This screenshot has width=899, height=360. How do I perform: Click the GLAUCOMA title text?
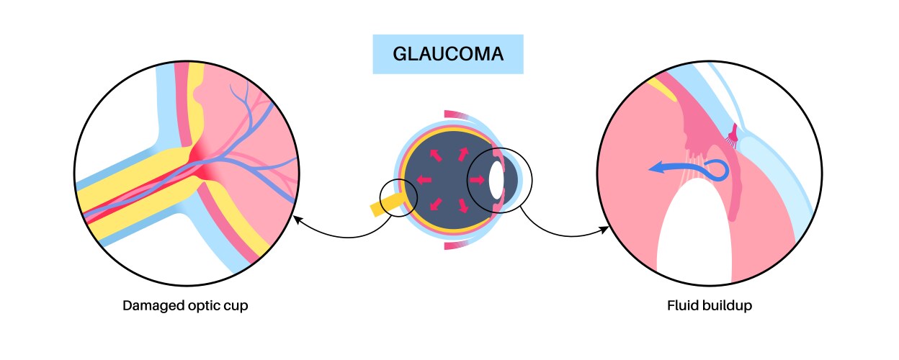[447, 54]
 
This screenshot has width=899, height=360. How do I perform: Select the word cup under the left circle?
[238, 305]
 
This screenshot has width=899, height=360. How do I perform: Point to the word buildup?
[728, 305]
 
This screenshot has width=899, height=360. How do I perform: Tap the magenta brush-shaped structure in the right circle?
[734, 135]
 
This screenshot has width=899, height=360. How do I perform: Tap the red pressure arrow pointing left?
[424, 179]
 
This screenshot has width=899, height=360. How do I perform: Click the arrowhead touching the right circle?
[603, 230]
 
